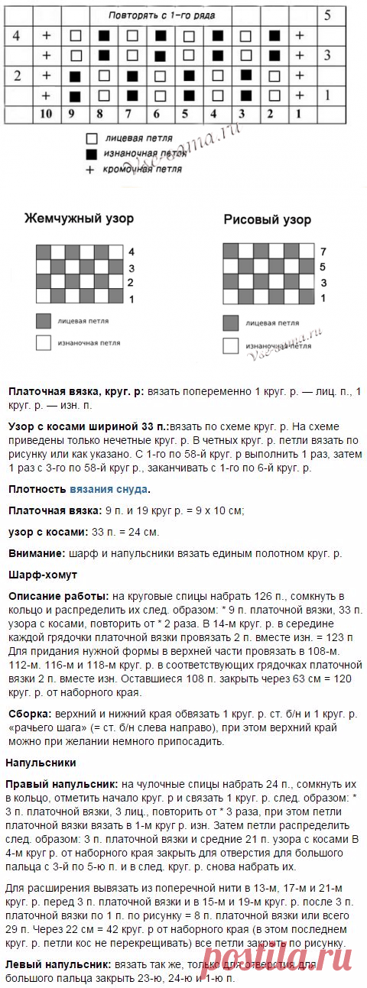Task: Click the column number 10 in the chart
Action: tap(47, 114)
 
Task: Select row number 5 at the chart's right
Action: tap(327, 15)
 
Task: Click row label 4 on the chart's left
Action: tap(17, 35)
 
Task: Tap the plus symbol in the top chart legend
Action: tap(90, 170)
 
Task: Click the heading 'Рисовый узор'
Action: tap(267, 219)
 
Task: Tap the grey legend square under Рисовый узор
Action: tap(230, 323)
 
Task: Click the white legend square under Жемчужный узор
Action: tap(43, 343)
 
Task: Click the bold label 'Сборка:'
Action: tap(29, 714)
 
